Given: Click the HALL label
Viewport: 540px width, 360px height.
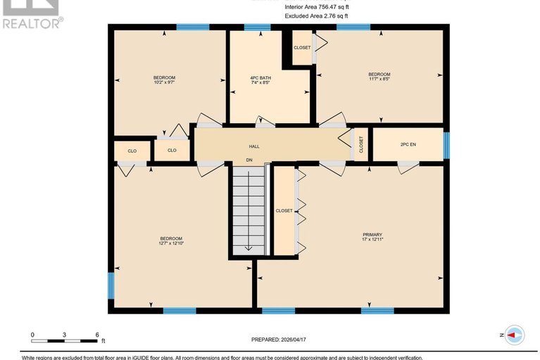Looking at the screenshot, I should [253, 147].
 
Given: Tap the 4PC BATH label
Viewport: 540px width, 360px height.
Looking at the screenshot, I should [260, 77].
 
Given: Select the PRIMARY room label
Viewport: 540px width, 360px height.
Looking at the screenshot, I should [372, 234].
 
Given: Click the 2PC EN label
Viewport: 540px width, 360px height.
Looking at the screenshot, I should [408, 144].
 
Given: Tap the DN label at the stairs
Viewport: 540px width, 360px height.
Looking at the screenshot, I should [249, 161].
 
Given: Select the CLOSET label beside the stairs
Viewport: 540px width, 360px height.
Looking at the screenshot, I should [284, 211].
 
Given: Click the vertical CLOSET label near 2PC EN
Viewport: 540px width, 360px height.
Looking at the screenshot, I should [361, 144].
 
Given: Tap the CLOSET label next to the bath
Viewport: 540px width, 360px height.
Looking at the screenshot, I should [302, 48].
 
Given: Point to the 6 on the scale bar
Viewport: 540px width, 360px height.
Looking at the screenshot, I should [97, 335].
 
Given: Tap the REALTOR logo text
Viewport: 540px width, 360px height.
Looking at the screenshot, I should [32, 23].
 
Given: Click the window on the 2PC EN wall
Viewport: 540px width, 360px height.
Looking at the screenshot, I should [446, 144].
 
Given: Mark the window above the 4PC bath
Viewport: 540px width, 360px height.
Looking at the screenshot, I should [257, 27].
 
